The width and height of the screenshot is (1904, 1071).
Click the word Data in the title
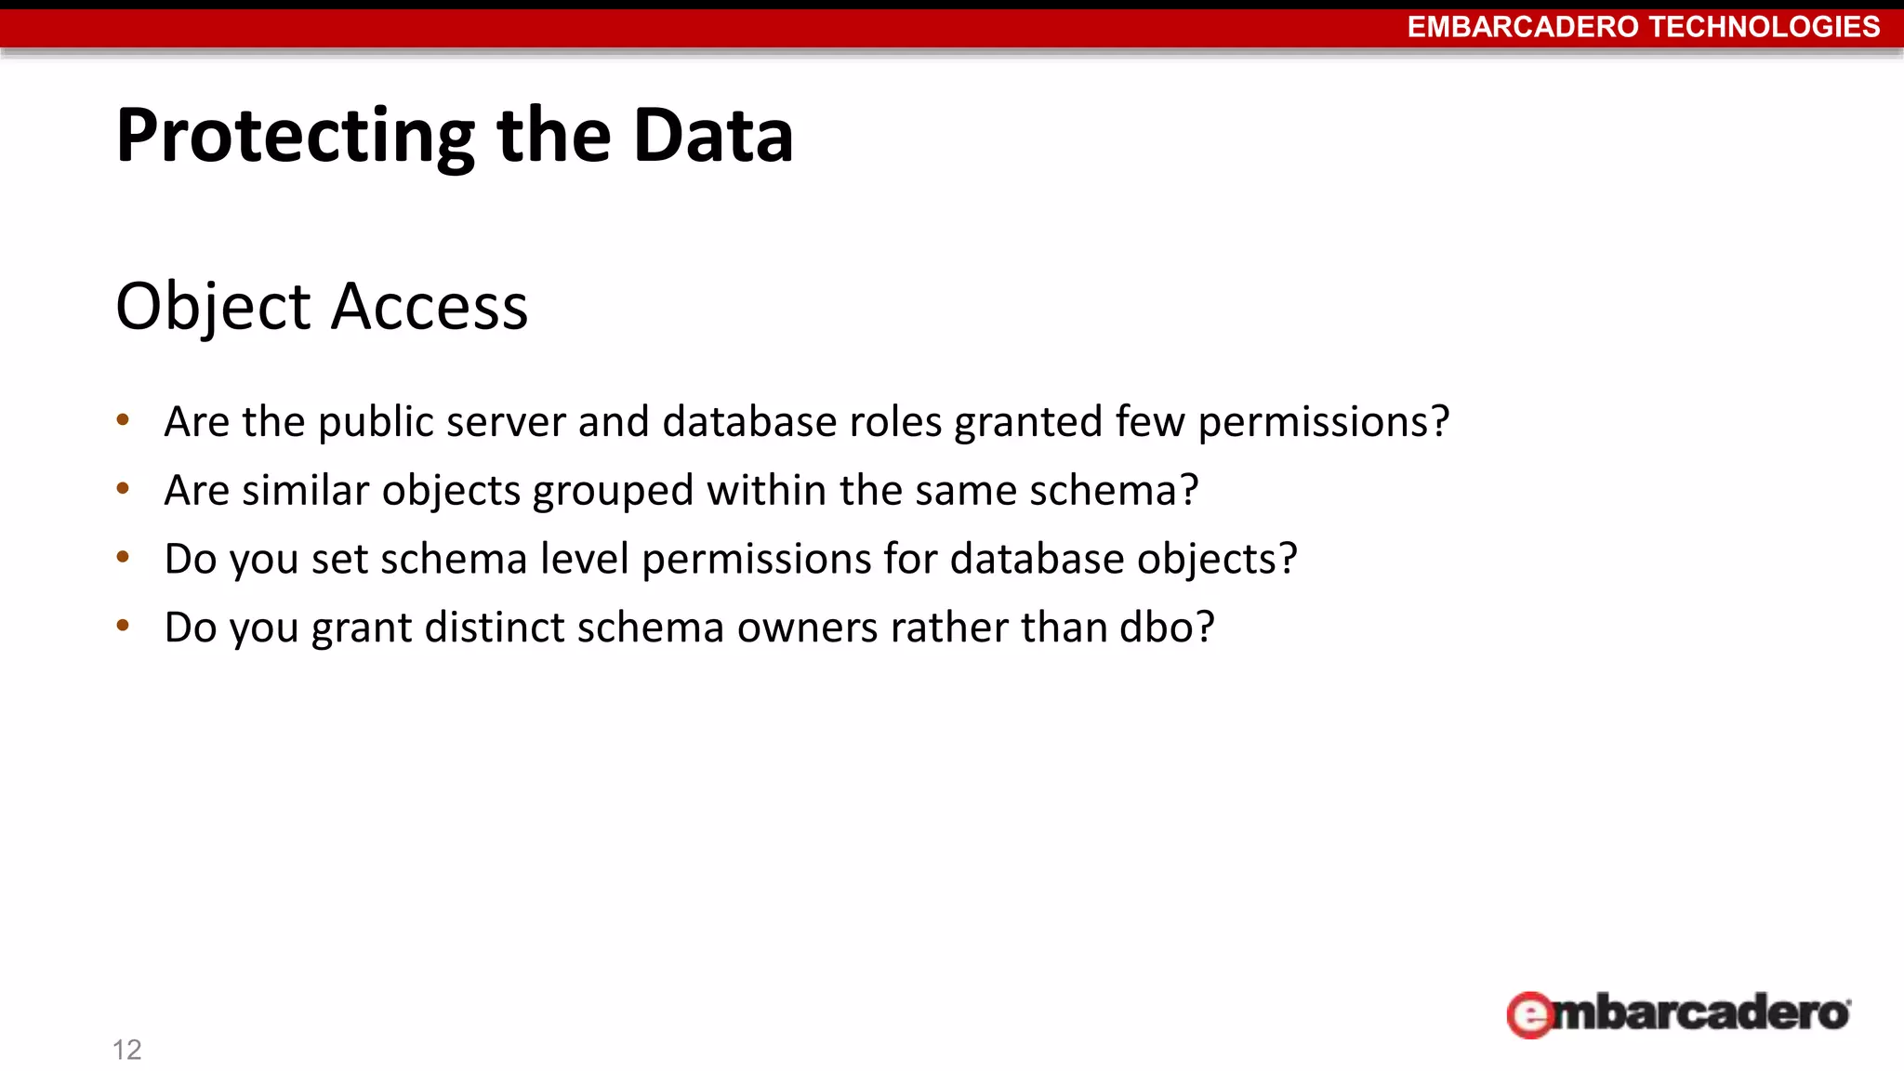[x=713, y=137]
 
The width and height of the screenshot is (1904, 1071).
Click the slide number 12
[x=126, y=1050]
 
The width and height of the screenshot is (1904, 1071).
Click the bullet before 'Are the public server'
[x=123, y=420]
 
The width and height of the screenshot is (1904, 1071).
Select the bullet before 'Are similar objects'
[x=123, y=488]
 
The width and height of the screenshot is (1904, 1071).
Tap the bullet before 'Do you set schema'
[x=123, y=557]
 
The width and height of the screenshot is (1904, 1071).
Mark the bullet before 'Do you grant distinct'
[x=123, y=626]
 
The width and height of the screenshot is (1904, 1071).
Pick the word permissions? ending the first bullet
[x=1323, y=422]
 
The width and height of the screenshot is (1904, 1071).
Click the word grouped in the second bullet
[x=613, y=491]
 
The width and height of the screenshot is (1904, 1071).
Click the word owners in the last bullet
[x=807, y=628]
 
